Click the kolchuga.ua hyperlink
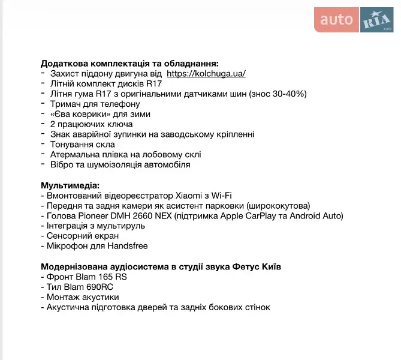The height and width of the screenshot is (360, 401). (x=206, y=73)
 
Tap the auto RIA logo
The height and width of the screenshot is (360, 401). (x=354, y=20)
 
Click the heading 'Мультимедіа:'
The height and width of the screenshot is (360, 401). (x=70, y=185)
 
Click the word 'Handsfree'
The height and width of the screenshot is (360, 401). (x=126, y=246)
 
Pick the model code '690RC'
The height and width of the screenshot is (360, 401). (x=93, y=287)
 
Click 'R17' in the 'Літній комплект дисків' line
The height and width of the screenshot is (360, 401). (x=153, y=83)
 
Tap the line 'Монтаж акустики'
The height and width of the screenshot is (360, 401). (x=82, y=297)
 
